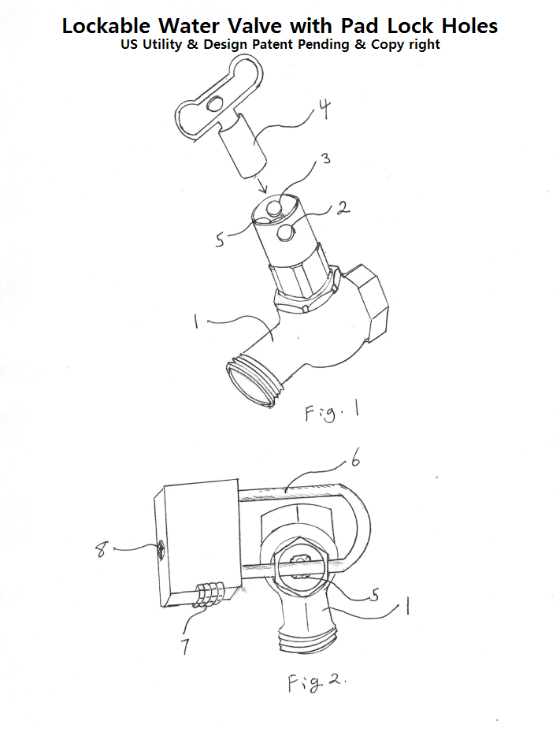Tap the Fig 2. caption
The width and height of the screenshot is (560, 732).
point(315,683)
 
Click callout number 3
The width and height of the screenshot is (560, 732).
point(325,159)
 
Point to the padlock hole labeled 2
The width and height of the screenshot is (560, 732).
point(286,233)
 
